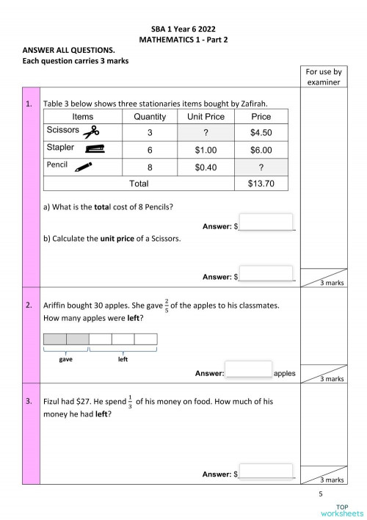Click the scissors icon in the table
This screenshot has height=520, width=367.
coord(91,132)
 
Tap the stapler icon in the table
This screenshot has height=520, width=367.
coord(91,148)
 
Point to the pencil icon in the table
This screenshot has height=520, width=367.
coord(84,166)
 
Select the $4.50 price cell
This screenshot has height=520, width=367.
coord(261,133)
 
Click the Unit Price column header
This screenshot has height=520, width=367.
coord(206,117)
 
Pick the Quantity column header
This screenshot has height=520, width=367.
coord(150,117)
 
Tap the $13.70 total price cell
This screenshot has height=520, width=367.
coord(261,183)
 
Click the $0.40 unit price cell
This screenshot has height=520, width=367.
coord(206,167)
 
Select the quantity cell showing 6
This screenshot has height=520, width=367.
coord(150,150)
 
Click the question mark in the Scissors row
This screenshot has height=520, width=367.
coord(206,133)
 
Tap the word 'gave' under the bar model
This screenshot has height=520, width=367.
coord(66,360)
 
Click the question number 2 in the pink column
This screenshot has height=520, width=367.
coord(29,304)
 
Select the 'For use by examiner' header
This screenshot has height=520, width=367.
coord(324,77)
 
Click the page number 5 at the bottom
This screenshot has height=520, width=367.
coord(321,494)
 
